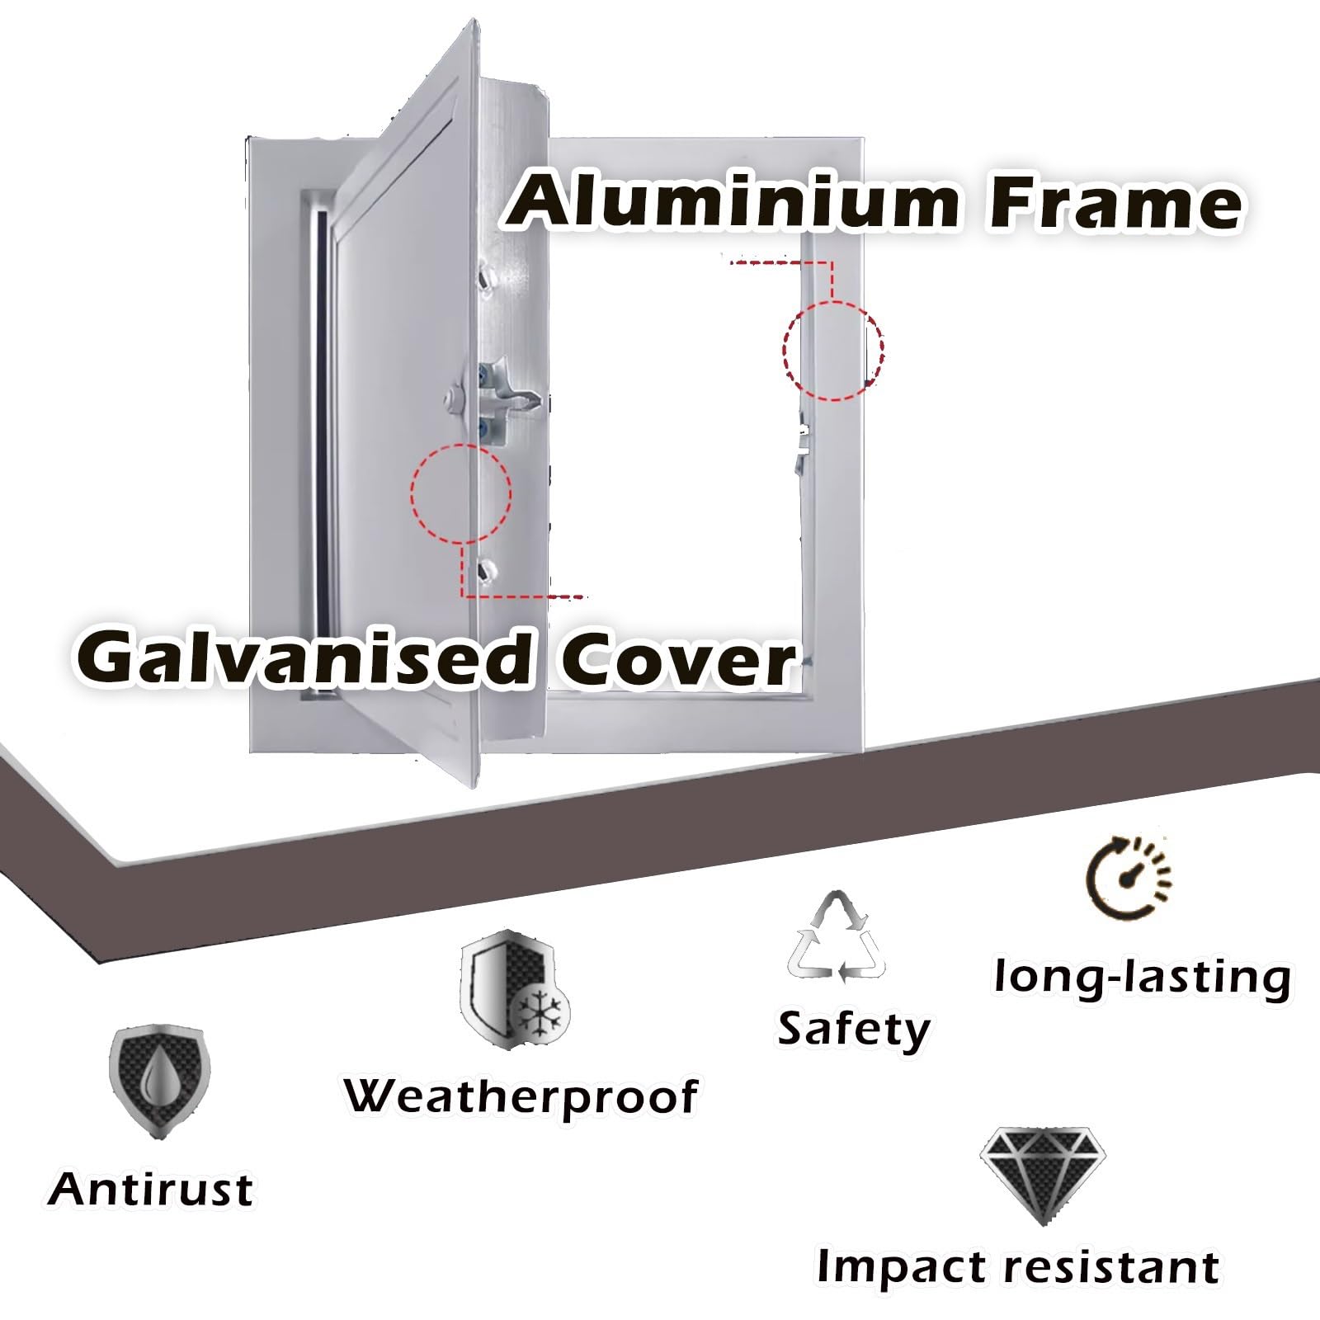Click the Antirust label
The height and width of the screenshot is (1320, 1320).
[x=150, y=1190]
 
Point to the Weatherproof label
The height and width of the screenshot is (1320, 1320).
[x=521, y=1098]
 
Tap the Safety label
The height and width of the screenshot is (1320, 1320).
[x=854, y=1030]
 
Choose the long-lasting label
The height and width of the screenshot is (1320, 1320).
[x=1143, y=978]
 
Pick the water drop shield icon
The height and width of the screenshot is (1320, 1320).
[x=159, y=1082]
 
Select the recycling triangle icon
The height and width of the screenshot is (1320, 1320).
[x=837, y=937]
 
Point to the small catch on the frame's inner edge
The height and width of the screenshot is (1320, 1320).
[x=801, y=449]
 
